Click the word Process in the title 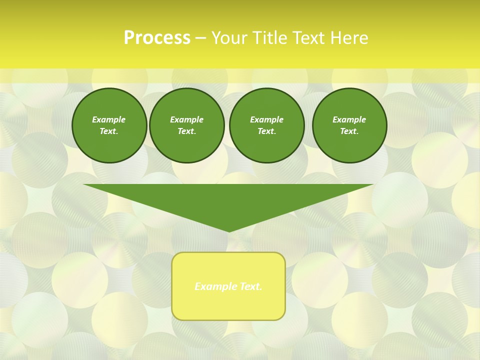click(x=156, y=38)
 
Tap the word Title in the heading click(x=270, y=38)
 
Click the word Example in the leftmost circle click(x=109, y=119)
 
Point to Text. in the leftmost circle click(x=109, y=131)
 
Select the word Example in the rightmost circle click(x=349, y=119)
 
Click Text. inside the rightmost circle click(x=349, y=131)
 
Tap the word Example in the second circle click(x=186, y=119)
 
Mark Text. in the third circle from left click(x=266, y=131)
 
